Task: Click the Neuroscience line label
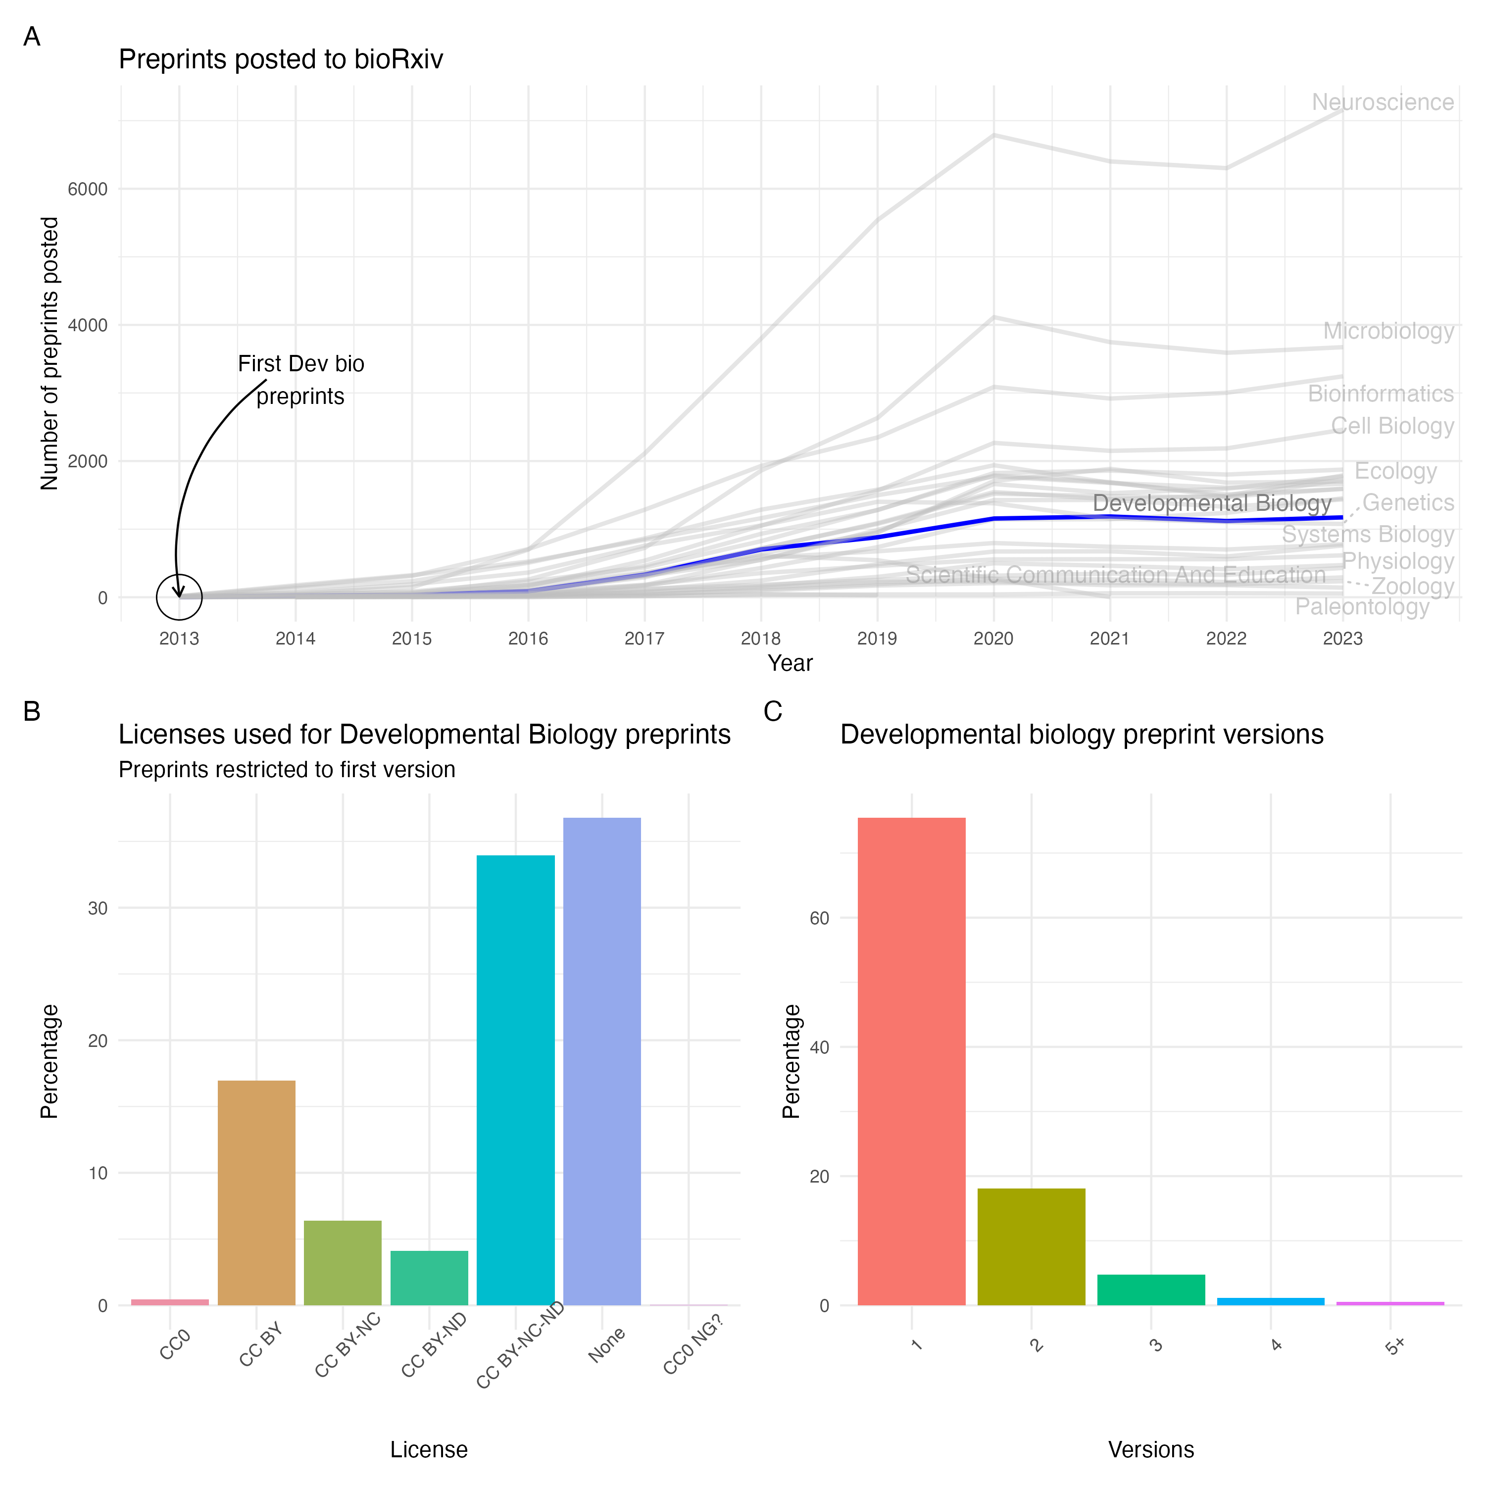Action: tap(1382, 102)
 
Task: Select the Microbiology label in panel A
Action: tap(1388, 331)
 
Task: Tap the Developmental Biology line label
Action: tap(1211, 503)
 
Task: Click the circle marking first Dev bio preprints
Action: tap(179, 597)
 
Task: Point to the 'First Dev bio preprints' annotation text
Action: tap(300, 380)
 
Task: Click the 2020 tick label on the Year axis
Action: tap(993, 639)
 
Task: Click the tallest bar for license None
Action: tap(602, 1061)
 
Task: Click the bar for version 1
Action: tap(912, 1061)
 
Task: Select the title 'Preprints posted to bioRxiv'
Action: tap(281, 59)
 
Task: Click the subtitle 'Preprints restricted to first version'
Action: tap(287, 769)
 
